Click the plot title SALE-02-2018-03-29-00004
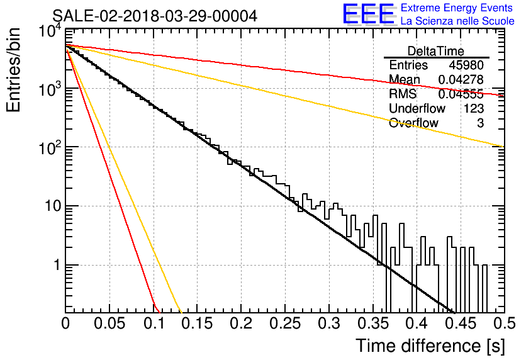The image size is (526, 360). (155, 16)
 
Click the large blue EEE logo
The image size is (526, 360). (368, 14)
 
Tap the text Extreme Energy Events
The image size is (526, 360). (457, 8)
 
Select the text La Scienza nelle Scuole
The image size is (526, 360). (457, 21)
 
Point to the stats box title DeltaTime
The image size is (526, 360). (436, 51)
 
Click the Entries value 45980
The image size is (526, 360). (466, 65)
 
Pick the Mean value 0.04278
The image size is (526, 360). (461, 79)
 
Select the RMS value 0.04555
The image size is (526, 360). (461, 94)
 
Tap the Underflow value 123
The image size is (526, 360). (474, 108)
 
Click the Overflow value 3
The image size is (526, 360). (480, 123)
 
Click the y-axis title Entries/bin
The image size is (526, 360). (14, 70)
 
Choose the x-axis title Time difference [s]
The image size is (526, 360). (430, 346)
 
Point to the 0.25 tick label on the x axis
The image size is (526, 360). (285, 323)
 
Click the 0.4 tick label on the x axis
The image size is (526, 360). (417, 323)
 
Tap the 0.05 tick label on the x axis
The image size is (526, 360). (109, 323)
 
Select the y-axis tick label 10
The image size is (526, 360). (54, 206)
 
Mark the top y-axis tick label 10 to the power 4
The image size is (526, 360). (50, 31)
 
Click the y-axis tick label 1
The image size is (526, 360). (57, 265)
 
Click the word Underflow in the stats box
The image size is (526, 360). (417, 108)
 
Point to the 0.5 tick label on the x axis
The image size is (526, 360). (505, 323)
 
